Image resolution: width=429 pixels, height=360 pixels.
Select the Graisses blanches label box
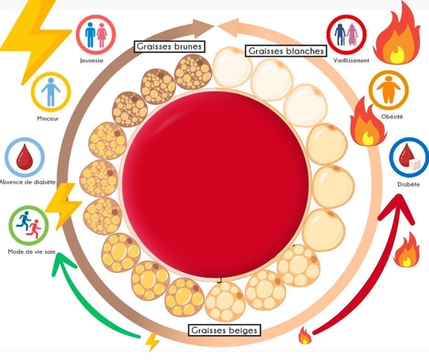point(286,51)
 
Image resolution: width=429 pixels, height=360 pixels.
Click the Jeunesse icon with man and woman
point(96,35)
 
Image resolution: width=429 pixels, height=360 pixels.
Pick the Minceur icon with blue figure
point(51,91)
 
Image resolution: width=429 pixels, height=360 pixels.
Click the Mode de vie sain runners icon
point(28,226)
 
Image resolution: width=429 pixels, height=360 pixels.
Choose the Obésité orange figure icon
point(388,90)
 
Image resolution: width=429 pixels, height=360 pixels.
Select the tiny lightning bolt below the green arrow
point(152,341)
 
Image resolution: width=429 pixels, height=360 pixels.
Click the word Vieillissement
point(351,60)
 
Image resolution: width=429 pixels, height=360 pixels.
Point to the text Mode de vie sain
point(28,251)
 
